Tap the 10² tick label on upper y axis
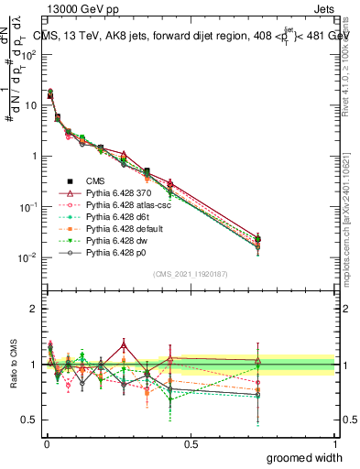(29, 54)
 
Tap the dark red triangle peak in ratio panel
(124, 344)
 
